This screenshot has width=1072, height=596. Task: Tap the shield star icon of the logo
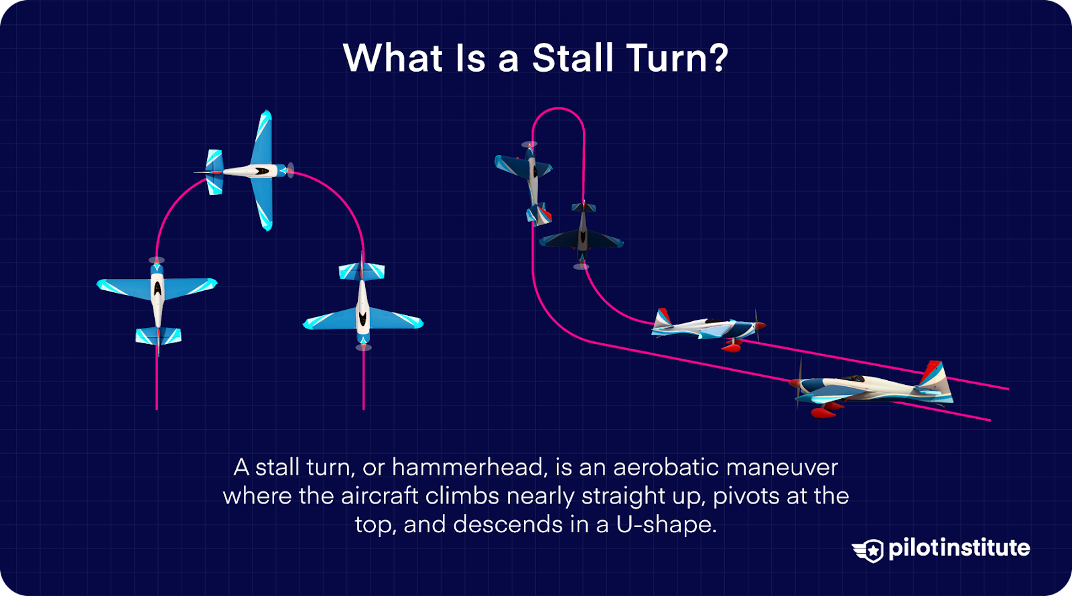click(869, 550)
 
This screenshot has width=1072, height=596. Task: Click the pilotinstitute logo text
click(959, 548)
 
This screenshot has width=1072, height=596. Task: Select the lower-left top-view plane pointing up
click(157, 295)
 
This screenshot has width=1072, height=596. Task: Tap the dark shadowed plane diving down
click(582, 235)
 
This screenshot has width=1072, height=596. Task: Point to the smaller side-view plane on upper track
click(707, 328)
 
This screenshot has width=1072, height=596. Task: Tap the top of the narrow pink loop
click(558, 109)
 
